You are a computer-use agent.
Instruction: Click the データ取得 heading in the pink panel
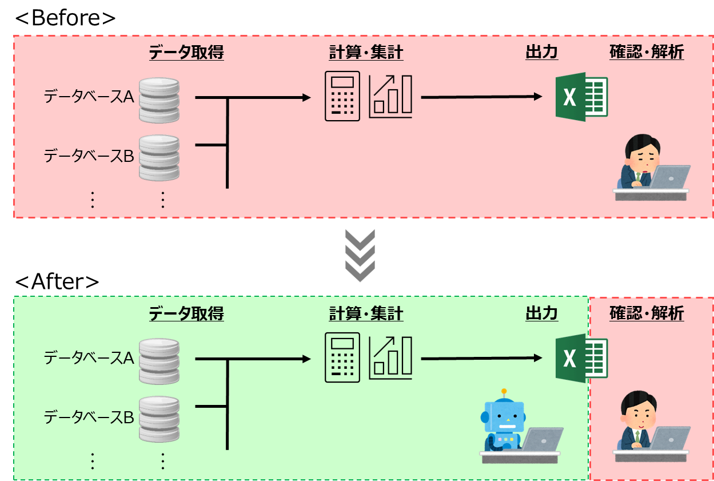pyautogui.click(x=186, y=53)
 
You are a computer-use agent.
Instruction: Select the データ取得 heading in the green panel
pyautogui.click(x=186, y=314)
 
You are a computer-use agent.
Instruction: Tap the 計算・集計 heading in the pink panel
pyautogui.click(x=366, y=53)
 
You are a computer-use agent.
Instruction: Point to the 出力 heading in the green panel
pyautogui.click(x=541, y=314)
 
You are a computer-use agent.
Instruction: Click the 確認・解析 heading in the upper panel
pyautogui.click(x=647, y=53)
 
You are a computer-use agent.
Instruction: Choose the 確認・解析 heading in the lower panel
pyautogui.click(x=647, y=314)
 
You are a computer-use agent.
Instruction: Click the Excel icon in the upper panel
pyautogui.click(x=581, y=97)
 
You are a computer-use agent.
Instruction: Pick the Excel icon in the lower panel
pyautogui.click(x=581, y=358)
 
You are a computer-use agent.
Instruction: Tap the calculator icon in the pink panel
pyautogui.click(x=342, y=96)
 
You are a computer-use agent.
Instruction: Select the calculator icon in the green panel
pyautogui.click(x=342, y=357)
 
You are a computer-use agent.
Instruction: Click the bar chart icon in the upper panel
pyautogui.click(x=390, y=96)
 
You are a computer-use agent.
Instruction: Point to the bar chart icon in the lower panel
pyautogui.click(x=390, y=357)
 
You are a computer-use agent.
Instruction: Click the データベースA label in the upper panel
pyautogui.click(x=89, y=97)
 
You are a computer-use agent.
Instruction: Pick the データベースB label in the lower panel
pyautogui.click(x=89, y=418)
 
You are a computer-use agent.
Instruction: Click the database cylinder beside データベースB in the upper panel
pyautogui.click(x=159, y=157)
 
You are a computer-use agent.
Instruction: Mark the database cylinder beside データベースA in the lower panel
pyautogui.click(x=159, y=361)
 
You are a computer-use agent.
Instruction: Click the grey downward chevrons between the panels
pyautogui.click(x=360, y=255)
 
